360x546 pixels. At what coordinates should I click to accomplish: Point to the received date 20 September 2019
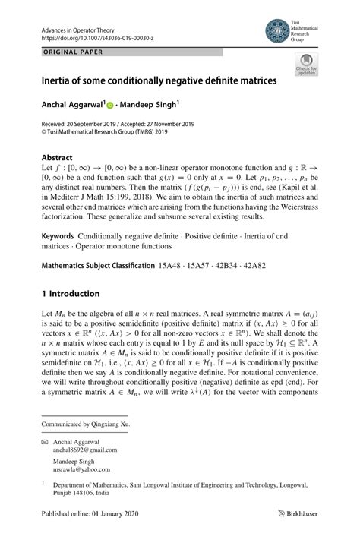tap(91, 124)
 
